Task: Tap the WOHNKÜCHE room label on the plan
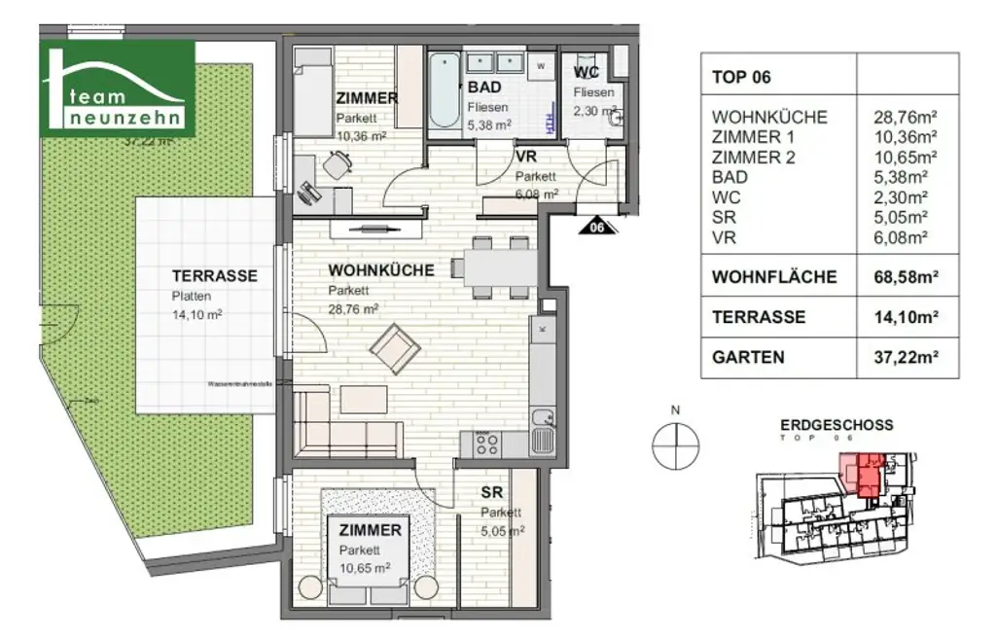[x=381, y=269]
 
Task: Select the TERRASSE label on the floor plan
[x=214, y=275]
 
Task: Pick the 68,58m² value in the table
[x=906, y=277]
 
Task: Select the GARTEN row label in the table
[x=748, y=357]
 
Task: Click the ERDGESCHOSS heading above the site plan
[x=836, y=425]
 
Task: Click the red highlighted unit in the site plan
[x=864, y=475]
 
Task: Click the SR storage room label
[x=491, y=493]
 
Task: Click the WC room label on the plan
[x=586, y=73]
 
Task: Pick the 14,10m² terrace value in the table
[x=906, y=317]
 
